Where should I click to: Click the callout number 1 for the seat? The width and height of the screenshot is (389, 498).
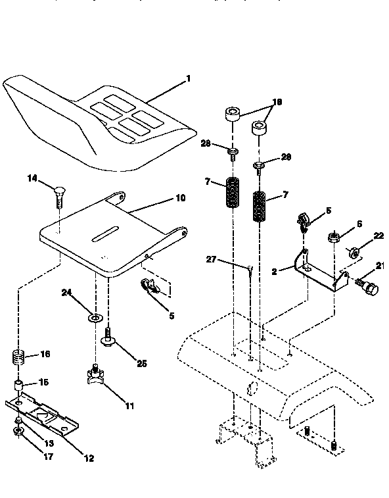tap(189, 78)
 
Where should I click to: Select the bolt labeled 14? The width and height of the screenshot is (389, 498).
tap(58, 194)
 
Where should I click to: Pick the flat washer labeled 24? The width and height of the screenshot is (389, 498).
tap(95, 318)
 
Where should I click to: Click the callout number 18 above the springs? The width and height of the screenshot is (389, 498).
tap(277, 102)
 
